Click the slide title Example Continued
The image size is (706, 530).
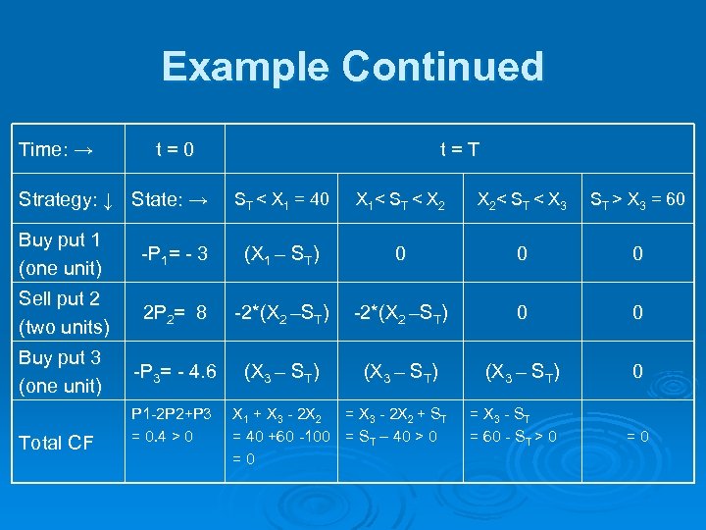(353, 67)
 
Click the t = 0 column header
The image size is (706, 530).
(176, 149)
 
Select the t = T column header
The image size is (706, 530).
(459, 149)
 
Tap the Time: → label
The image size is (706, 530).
(57, 149)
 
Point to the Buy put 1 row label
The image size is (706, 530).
(61, 254)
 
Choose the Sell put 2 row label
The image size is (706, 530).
(61, 312)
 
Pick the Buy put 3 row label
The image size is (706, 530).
(61, 371)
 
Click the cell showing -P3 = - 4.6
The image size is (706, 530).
(175, 372)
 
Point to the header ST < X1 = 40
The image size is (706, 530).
(281, 201)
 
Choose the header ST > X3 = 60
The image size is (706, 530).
(637, 201)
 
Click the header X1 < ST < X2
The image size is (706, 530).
(400, 201)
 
